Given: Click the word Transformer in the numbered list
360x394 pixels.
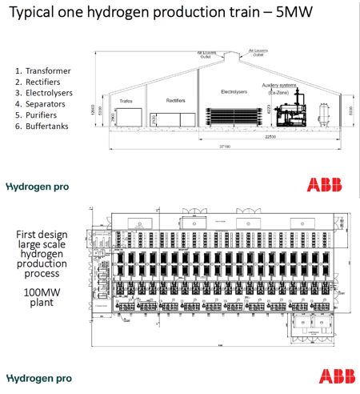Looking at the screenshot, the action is tap(49, 70).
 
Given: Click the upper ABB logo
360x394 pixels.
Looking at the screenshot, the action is tap(326, 184).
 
